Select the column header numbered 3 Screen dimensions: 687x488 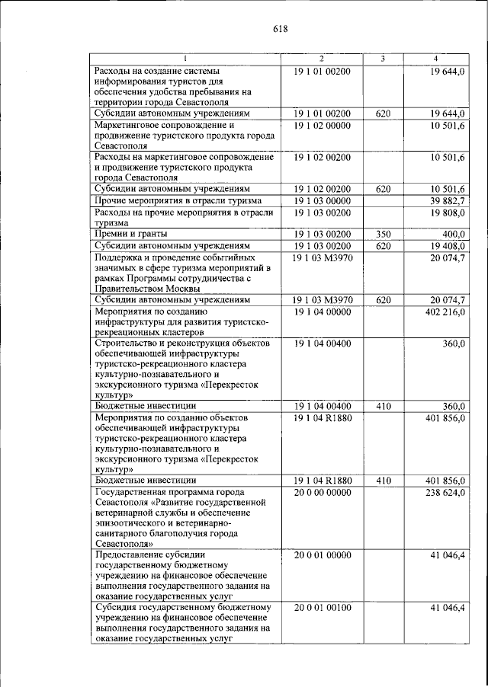coord(383,59)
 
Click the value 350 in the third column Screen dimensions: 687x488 coord(383,234)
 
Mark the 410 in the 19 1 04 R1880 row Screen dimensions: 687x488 coord(383,481)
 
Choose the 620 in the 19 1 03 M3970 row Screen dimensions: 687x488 coord(383,299)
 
